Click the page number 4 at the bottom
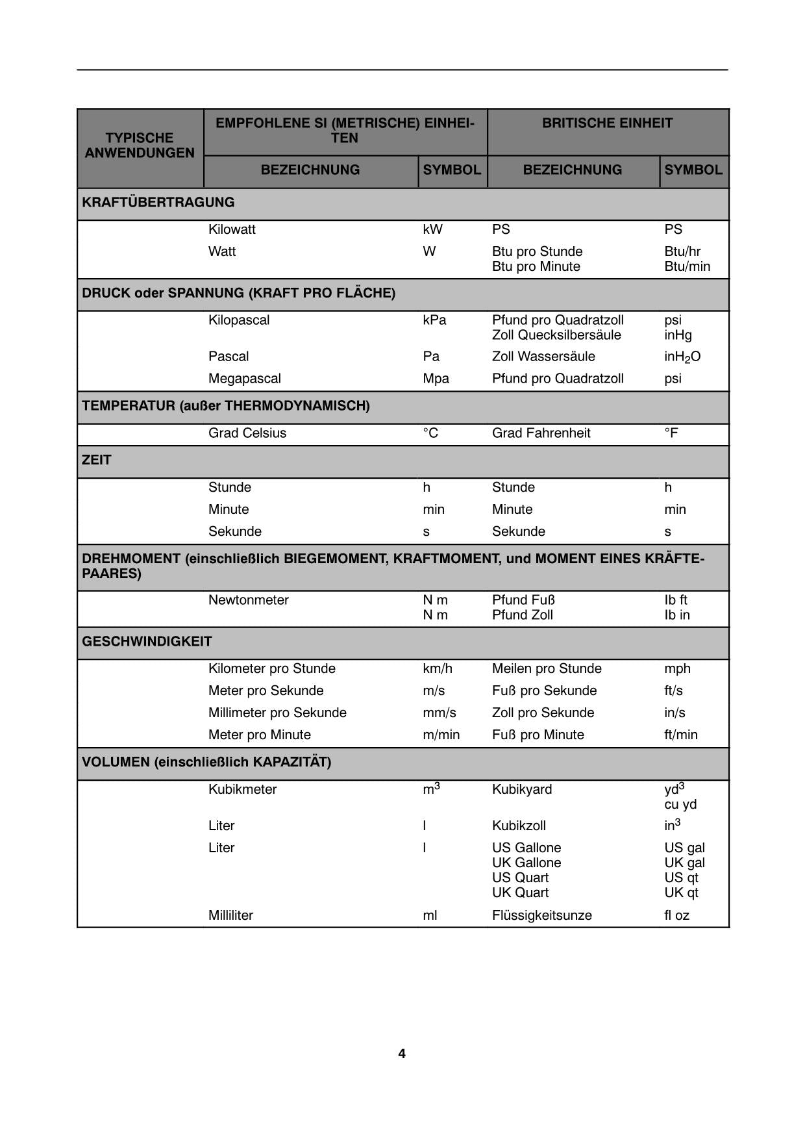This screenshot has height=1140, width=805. (402, 1054)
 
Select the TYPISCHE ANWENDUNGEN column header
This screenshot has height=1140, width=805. (140, 146)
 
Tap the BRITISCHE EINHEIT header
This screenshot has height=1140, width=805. (607, 123)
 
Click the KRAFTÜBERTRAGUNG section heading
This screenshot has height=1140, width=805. (158, 202)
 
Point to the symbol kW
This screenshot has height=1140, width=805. (432, 229)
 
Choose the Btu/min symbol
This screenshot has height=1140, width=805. (687, 266)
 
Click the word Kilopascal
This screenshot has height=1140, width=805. (238, 320)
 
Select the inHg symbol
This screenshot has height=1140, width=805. (678, 335)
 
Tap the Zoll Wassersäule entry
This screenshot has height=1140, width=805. (543, 357)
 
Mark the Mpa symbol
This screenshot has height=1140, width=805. (436, 379)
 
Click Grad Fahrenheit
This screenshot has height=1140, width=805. (541, 433)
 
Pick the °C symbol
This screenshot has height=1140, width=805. (430, 433)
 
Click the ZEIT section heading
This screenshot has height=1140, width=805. (97, 460)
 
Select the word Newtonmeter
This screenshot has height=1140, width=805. (248, 600)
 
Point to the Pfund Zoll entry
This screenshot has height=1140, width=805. (522, 615)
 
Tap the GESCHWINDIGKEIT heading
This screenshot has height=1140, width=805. (147, 642)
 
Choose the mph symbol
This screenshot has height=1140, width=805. (677, 668)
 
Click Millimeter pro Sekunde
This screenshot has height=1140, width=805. (277, 713)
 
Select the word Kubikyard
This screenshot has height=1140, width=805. (521, 789)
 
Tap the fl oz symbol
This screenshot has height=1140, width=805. (676, 915)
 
